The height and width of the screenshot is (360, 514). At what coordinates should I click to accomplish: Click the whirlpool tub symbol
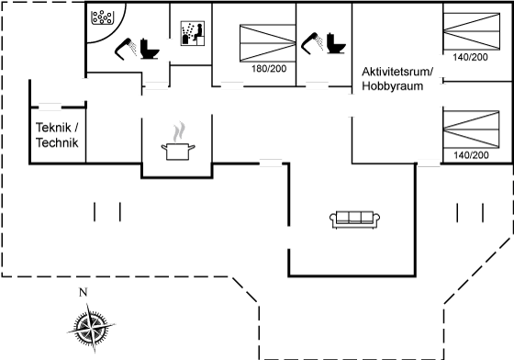102,17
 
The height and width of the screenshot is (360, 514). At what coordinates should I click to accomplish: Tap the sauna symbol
193,33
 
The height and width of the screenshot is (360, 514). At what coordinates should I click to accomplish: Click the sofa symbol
354,219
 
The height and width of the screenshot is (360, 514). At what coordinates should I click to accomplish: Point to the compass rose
92,328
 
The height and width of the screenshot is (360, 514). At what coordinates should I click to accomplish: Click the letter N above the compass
84,292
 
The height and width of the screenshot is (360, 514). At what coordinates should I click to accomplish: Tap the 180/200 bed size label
269,69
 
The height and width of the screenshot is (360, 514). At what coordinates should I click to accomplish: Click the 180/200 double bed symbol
267,43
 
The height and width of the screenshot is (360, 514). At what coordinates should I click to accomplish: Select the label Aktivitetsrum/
397,72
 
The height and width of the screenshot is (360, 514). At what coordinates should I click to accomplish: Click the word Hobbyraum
393,86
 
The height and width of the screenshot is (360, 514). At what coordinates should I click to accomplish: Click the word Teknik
53,128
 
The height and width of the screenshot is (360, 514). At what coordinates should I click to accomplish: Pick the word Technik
57,142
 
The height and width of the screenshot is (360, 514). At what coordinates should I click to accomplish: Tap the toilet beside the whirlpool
150,49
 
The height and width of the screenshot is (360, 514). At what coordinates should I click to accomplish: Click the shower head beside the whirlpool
125,49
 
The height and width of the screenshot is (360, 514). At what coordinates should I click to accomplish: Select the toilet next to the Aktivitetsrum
336,43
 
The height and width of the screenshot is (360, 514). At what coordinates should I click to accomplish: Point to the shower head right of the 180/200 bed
312,43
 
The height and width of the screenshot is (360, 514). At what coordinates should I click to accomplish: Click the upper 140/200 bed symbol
472,31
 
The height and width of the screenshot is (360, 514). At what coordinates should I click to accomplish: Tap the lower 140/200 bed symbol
471,129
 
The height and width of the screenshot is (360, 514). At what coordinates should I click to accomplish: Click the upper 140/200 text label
470,57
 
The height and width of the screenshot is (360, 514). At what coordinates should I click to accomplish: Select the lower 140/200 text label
471,155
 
